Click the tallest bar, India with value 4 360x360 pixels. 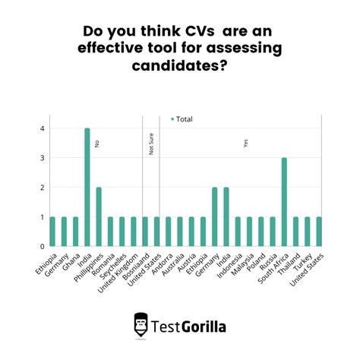87,187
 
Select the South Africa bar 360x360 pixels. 284,202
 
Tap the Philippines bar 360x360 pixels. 99,216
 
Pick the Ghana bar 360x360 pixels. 75,231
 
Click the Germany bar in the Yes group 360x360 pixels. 214,216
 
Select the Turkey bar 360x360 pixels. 308,231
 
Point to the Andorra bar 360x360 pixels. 169,231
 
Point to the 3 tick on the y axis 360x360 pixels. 43,158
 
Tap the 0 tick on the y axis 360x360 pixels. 43,246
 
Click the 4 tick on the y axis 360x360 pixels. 43,128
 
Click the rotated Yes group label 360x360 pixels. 245,143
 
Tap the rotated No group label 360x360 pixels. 97,143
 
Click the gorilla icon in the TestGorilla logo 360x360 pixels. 141,324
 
